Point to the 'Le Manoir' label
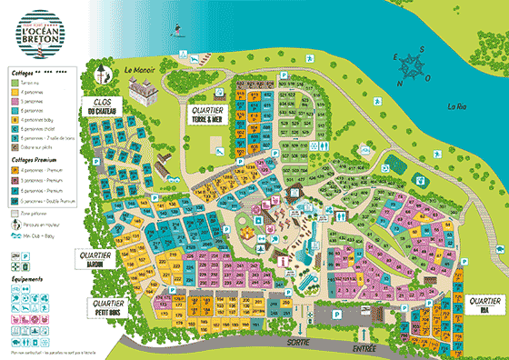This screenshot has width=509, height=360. coord(141,69)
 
